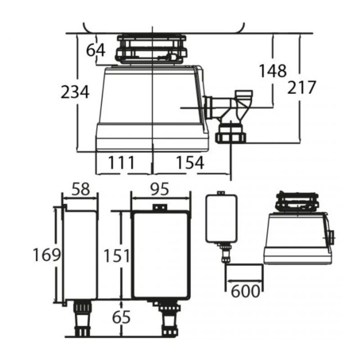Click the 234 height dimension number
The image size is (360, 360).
point(75,92)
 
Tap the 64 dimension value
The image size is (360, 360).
point(95,50)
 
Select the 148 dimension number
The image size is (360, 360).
point(273,71)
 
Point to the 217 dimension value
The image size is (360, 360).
point(301,87)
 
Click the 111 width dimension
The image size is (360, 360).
point(121,162)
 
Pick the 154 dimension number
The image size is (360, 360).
point(190,162)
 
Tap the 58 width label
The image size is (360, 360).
point(81,189)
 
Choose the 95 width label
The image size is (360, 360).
point(160,189)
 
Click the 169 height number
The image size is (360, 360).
point(47,255)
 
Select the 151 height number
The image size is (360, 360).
point(117,256)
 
